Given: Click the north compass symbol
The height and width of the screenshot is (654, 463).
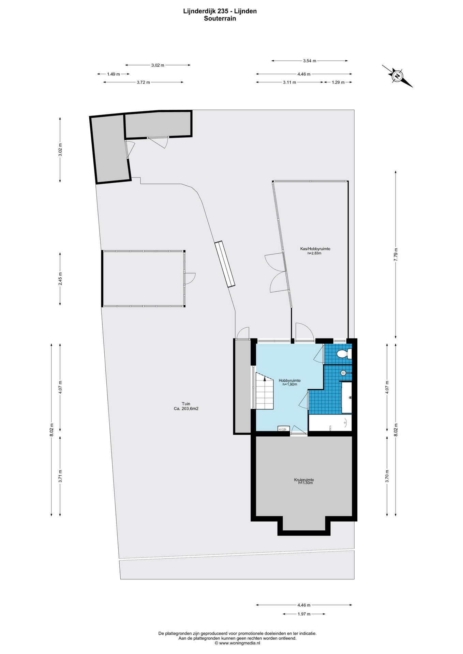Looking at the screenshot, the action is pyautogui.click(x=397, y=76).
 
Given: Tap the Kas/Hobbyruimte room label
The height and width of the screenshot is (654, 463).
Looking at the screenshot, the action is pyautogui.click(x=315, y=249).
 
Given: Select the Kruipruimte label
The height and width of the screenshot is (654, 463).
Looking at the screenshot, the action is pyautogui.click(x=304, y=480).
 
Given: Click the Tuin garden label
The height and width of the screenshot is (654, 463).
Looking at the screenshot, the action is pyautogui.click(x=186, y=404).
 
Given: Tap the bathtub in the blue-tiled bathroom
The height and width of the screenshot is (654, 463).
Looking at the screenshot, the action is pyautogui.click(x=330, y=423).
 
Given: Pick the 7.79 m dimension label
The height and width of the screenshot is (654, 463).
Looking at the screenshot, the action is pyautogui.click(x=396, y=254).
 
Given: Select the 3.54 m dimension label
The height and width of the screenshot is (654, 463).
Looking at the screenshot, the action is pyautogui.click(x=310, y=61).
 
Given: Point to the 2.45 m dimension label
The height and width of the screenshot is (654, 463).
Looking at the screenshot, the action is pyautogui.click(x=60, y=279).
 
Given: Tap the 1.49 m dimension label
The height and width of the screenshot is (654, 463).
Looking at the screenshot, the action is pyautogui.click(x=113, y=74).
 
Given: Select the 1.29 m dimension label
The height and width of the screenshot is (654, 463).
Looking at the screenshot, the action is pyautogui.click(x=338, y=82).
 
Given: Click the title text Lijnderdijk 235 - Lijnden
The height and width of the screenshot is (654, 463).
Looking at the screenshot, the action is pyautogui.click(x=220, y=11).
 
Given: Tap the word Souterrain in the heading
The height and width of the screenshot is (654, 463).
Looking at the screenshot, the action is pyautogui.click(x=220, y=19).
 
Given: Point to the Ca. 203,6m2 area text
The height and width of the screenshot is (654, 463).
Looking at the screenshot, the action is pyautogui.click(x=186, y=409).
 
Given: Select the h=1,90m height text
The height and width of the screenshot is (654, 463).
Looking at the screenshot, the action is pyautogui.click(x=290, y=384).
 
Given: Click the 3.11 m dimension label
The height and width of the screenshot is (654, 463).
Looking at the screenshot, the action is pyautogui.click(x=289, y=82).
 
